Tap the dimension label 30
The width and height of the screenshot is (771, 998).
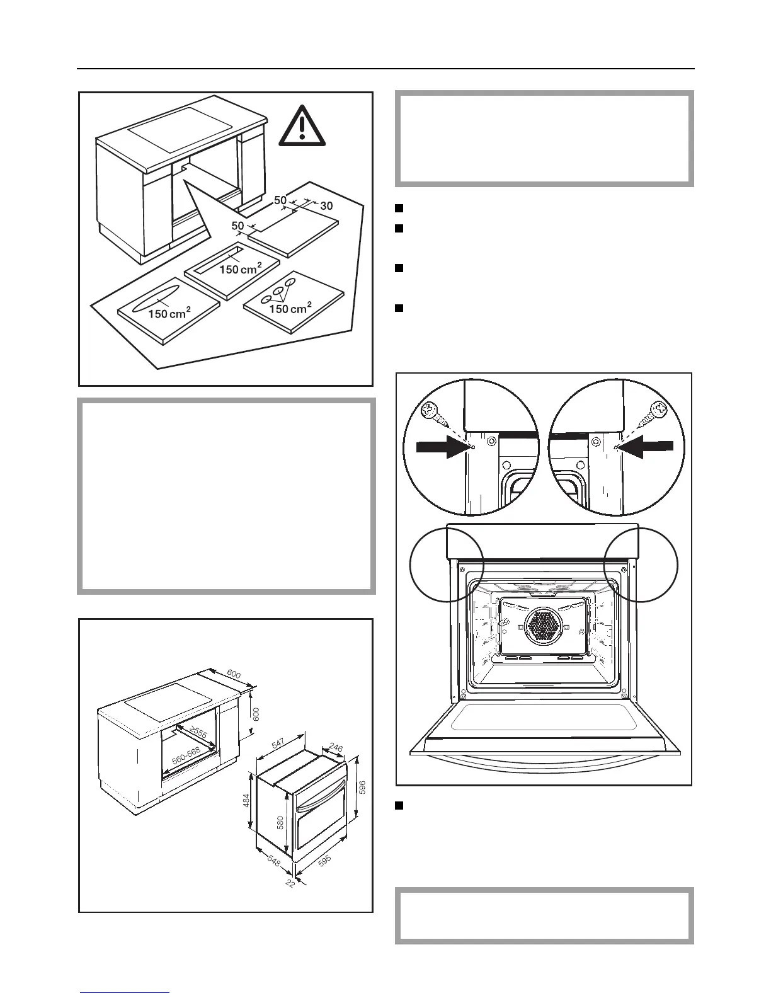pos(326,206)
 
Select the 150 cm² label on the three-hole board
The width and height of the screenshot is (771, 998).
pos(290,308)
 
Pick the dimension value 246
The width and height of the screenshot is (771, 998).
pos(336,748)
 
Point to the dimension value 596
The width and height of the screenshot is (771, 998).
pos(362,786)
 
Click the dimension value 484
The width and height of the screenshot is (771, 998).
pos(246,800)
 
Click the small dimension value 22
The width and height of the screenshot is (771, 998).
pos(290,883)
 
